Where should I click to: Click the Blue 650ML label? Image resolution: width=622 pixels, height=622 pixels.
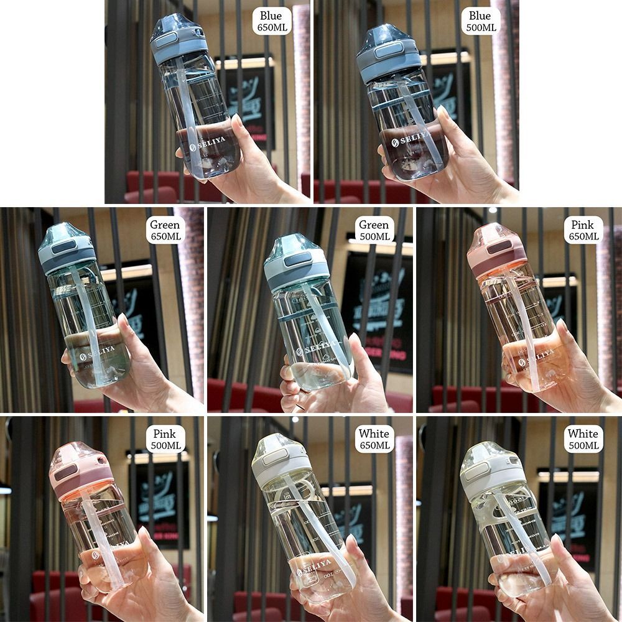271,21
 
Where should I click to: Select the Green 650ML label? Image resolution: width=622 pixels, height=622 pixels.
164,230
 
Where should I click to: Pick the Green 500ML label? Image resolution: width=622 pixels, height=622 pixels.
374,230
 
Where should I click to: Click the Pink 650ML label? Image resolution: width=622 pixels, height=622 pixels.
583,230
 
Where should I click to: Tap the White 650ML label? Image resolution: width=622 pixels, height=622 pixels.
374,439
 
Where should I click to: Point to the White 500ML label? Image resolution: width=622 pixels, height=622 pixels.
583,439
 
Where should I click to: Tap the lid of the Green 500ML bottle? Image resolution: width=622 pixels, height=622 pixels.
289,259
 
